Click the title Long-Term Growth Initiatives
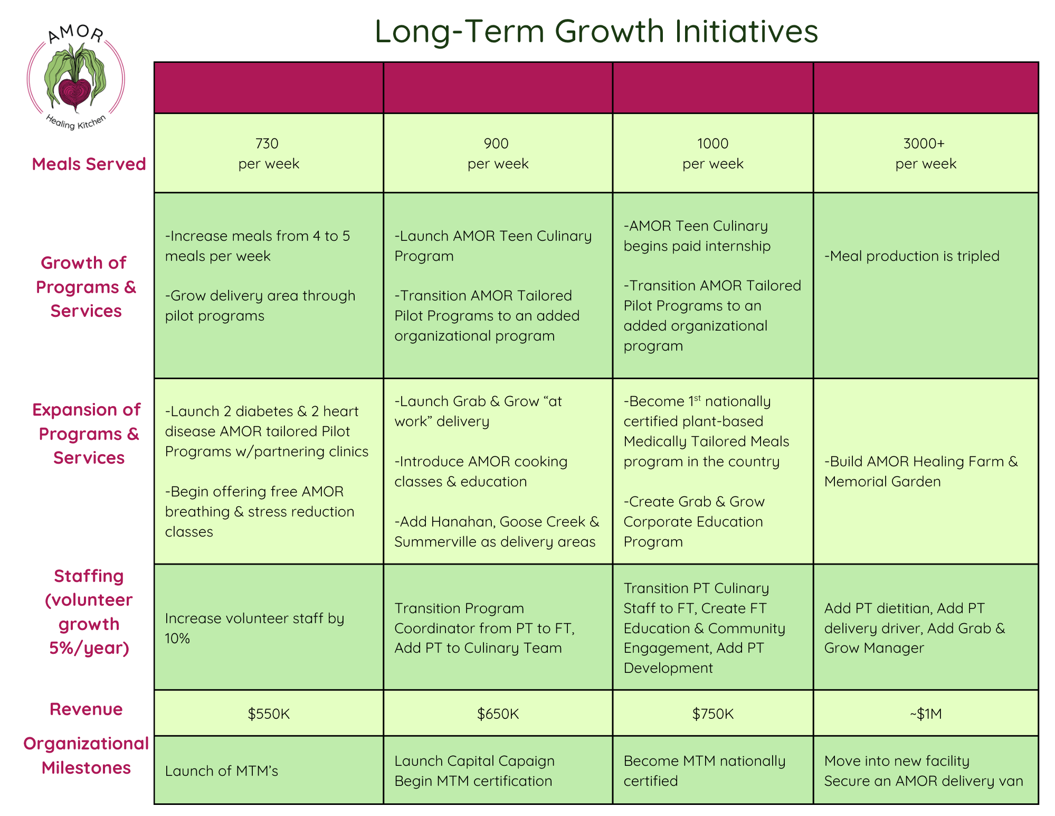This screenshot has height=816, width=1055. point(596,31)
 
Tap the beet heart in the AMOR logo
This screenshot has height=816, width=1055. point(75,94)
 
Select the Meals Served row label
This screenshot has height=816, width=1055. point(89,164)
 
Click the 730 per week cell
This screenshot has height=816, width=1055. point(269,153)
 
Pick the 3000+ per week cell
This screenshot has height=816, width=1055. point(925,153)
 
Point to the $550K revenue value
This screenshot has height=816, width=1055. point(269,714)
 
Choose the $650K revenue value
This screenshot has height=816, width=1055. point(498,714)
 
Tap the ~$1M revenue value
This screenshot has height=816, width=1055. point(926,714)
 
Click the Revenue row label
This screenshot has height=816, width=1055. point(86,709)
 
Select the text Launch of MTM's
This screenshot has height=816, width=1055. point(221,771)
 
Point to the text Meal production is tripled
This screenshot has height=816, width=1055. point(912,256)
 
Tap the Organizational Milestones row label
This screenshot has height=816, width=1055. point(86,755)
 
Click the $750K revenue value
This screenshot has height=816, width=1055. point(713,714)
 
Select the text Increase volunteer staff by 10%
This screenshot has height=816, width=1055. point(254,628)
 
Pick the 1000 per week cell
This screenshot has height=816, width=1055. point(712,153)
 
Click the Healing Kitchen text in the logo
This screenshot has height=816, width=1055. point(76,122)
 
